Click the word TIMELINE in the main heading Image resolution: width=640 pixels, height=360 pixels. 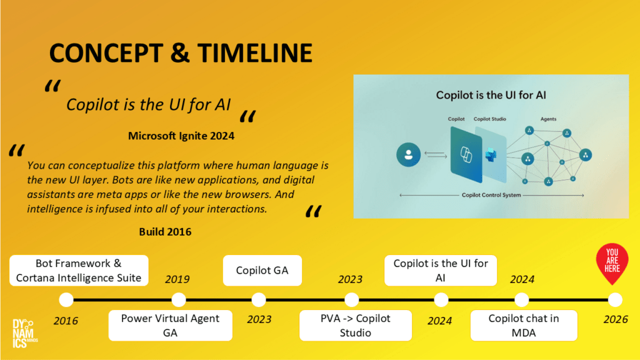(255, 53)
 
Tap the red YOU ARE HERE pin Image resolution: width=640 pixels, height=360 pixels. (612, 263)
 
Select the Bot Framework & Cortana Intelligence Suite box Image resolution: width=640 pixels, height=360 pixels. (79, 270)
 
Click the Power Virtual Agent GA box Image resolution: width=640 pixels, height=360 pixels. (170, 325)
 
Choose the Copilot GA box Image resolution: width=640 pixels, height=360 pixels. (262, 270)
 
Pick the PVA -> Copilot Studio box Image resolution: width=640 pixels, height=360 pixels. (355, 325)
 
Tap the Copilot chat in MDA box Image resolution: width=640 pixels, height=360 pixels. (524, 325)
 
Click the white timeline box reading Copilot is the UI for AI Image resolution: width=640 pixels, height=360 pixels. (441, 270)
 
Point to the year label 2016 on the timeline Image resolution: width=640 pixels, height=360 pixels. (66, 321)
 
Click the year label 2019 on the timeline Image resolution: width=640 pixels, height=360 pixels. (177, 279)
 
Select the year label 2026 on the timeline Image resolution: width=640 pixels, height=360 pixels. (616, 319)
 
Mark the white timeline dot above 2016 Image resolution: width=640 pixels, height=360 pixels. (66, 300)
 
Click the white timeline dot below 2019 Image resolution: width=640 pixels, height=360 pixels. (178, 300)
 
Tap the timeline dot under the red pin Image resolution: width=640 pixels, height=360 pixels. (615, 300)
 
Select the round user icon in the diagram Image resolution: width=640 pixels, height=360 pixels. (408, 155)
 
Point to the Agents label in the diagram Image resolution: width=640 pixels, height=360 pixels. (548, 119)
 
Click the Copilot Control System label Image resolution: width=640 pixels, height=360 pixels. (491, 195)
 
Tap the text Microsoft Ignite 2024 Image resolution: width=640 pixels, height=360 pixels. (181, 136)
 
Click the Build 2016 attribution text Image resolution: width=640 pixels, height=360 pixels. (165, 232)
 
